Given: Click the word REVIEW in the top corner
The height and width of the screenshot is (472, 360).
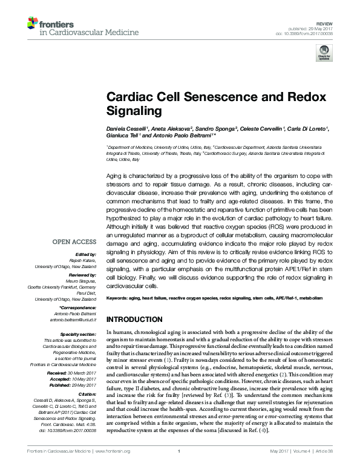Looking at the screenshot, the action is click(x=326, y=21).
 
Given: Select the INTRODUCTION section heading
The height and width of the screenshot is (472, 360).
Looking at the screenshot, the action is click(x=138, y=319).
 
